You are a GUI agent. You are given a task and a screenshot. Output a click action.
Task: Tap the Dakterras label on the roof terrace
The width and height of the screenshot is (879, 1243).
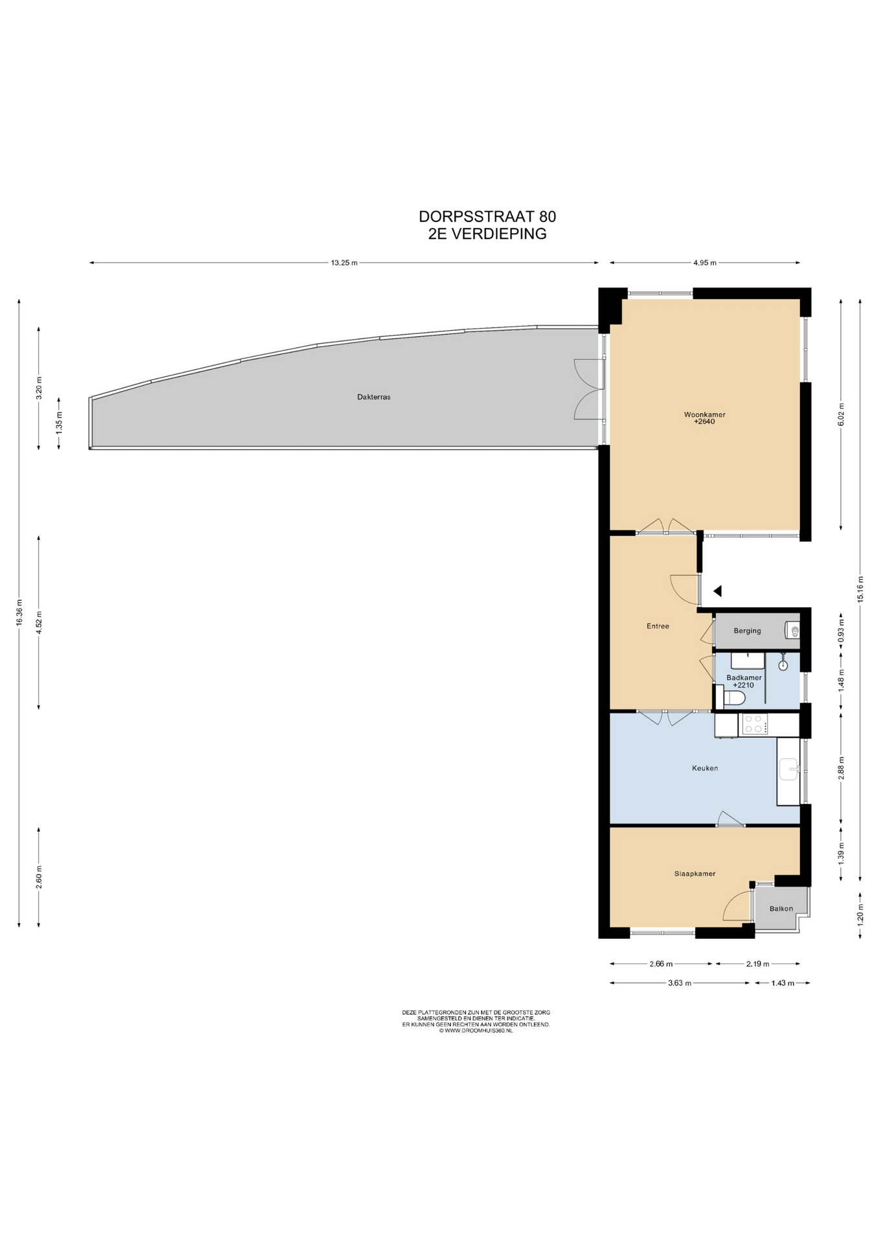(x=373, y=397)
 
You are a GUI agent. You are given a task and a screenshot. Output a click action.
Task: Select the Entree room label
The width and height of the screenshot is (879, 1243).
(x=658, y=626)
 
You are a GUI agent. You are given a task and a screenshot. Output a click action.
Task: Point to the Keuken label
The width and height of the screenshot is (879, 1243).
(x=705, y=768)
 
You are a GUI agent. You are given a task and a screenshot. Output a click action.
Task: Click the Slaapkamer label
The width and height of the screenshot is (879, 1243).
(x=695, y=873)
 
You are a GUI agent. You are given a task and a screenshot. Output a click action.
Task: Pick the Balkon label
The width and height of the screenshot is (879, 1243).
(x=781, y=908)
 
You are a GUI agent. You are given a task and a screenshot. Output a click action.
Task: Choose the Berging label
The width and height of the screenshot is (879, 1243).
(x=747, y=631)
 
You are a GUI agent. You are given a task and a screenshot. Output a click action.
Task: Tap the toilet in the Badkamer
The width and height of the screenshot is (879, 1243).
(x=734, y=697)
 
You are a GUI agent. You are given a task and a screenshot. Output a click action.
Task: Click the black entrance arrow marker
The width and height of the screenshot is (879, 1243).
(x=717, y=590)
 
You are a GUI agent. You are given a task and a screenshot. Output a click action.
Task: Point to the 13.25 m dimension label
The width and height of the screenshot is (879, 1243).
(x=344, y=263)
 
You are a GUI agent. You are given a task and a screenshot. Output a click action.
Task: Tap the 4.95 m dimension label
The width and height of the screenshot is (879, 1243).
(x=704, y=263)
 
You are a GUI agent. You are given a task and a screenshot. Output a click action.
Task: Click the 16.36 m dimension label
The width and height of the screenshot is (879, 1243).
(x=19, y=612)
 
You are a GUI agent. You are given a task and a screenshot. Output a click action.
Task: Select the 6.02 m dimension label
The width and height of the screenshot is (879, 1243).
(x=841, y=414)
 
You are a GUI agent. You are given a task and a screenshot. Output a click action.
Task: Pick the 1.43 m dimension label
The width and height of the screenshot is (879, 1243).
(x=783, y=983)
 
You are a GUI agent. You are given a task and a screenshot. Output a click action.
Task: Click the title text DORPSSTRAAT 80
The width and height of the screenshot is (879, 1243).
(x=487, y=216)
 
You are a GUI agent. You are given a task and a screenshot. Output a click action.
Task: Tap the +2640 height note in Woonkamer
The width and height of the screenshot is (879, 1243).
(x=704, y=421)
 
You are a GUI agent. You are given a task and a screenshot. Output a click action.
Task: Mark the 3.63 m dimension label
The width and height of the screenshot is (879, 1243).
(x=679, y=983)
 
